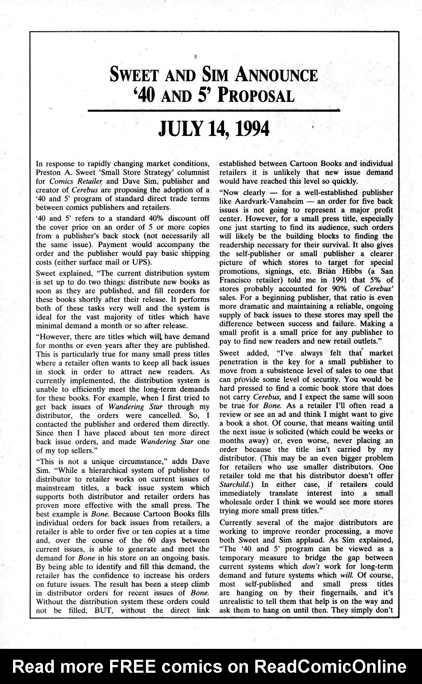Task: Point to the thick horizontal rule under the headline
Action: pyautogui.click(x=214, y=111)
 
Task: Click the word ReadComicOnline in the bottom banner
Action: pyautogui.click(x=331, y=666)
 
